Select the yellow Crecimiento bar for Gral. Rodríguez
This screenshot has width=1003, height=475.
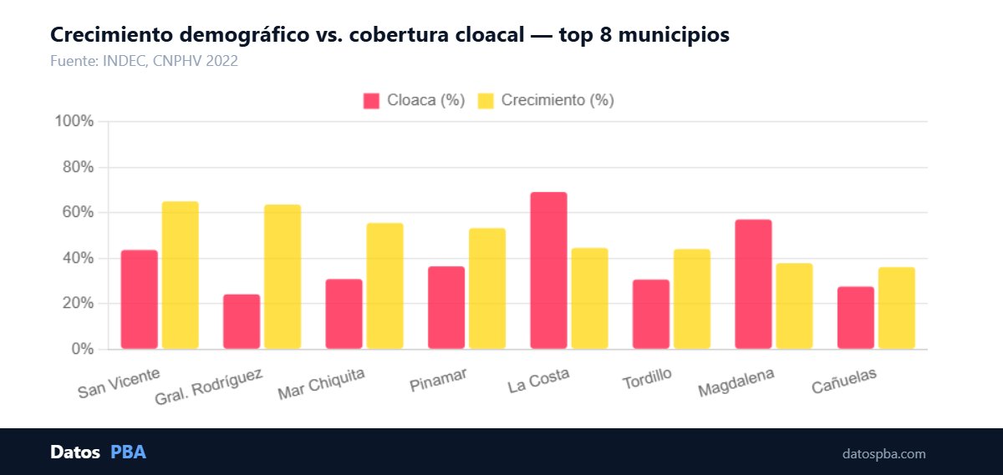coord(283,276)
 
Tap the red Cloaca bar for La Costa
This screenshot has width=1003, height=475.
coord(548,270)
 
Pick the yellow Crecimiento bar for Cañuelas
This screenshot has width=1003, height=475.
coord(897,308)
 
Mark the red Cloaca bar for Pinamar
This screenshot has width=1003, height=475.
coord(446,307)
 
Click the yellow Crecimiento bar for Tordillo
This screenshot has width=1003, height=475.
coord(692,299)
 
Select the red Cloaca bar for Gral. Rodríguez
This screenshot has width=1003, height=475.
coord(242,321)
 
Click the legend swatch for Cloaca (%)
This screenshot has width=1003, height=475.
coord(372,101)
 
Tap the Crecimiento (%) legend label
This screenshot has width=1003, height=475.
coord(558,101)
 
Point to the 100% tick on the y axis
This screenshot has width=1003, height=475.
coord(74,122)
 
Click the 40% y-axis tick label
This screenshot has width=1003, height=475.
coord(78,258)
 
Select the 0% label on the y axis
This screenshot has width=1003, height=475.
coord(82,349)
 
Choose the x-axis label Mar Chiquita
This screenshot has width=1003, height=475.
coord(322,385)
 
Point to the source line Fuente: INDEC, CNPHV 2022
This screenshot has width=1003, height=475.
coord(144,60)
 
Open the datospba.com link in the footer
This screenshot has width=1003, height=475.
coord(883,454)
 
